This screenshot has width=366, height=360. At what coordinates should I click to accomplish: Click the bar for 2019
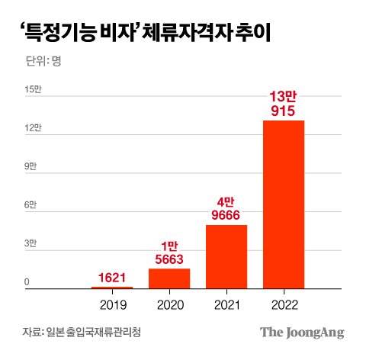click(x=112, y=288)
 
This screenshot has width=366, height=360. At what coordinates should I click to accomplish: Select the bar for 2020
click(x=169, y=278)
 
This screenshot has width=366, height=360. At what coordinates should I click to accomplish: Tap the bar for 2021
click(x=226, y=257)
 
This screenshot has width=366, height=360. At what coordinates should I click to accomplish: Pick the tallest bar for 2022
click(x=284, y=204)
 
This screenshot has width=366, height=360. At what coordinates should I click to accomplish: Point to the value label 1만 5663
click(x=169, y=252)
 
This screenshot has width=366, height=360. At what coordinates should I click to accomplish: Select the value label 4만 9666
click(x=226, y=208)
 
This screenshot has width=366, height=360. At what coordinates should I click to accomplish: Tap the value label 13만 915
click(x=284, y=104)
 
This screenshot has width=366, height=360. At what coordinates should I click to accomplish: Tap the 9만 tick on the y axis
click(x=30, y=166)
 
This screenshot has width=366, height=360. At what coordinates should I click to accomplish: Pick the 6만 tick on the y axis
click(x=30, y=205)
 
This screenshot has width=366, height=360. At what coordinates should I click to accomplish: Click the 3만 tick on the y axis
click(x=30, y=244)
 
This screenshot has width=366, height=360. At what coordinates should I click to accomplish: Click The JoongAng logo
click(x=302, y=333)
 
